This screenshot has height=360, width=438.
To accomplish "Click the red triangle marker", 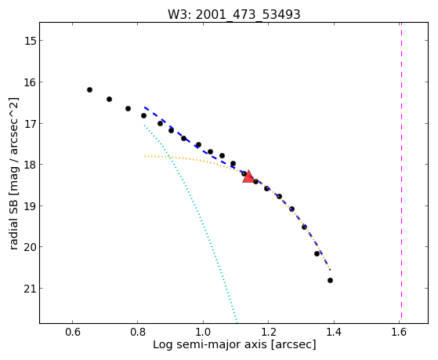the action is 248,176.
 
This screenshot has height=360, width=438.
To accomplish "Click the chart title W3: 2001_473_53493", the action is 233,14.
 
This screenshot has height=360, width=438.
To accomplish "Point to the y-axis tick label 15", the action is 30,41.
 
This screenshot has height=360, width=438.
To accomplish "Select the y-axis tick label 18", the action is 30,165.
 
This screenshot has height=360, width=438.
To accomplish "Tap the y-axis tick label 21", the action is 30,289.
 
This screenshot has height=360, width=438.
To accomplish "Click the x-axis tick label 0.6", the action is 73,333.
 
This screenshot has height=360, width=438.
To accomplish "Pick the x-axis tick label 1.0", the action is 203,333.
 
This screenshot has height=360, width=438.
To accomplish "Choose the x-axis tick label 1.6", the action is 399,333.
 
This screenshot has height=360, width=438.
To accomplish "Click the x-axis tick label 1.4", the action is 334,333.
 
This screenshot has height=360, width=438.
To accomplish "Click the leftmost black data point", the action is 89,89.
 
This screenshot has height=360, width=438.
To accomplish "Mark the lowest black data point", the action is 330,280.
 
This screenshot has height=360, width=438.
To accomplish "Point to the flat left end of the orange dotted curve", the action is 145,156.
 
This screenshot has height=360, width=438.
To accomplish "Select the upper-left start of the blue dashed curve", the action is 145,107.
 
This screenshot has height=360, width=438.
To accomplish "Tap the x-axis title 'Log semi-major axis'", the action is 210,344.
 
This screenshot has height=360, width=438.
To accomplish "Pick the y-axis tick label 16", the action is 30,82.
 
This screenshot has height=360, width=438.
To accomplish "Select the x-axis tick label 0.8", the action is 138,333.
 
